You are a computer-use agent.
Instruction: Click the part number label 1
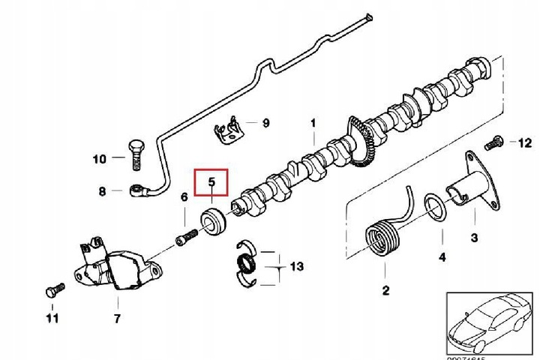[313, 124]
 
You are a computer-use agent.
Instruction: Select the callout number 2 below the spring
[385, 291]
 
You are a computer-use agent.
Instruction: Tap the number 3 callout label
[474, 238]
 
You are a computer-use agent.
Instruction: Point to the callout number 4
[442, 257]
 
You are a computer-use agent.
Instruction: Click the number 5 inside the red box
[211, 181]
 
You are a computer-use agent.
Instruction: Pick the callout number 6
[184, 197]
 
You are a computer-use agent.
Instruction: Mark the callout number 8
[103, 191]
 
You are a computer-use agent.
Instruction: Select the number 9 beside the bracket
[265, 122]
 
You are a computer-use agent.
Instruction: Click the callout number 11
[52, 319]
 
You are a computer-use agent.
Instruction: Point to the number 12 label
[524, 142]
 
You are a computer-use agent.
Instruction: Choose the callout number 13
[297, 266]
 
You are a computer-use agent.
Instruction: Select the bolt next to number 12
[494, 140]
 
